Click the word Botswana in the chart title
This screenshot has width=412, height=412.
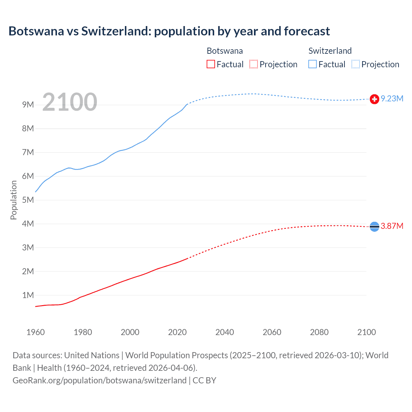pos(36,31)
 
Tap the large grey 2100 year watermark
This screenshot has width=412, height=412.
pos(70,102)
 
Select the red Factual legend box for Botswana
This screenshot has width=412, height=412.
pos(211,64)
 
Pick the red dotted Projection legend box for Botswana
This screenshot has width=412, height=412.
pos(254,64)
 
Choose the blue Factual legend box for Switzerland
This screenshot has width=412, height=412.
pos(313,64)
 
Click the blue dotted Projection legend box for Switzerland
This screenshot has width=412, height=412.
pos(356,64)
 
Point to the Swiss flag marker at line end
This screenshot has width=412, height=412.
pos(374,99)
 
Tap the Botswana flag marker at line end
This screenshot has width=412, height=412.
pos(374,227)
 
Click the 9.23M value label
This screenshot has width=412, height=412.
pos(392,99)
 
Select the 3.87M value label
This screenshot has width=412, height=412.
pos(392,226)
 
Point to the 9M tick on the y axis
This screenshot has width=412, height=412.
pos(28,105)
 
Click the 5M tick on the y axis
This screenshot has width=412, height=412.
pos(28,200)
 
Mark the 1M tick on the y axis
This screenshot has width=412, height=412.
pos(28,295)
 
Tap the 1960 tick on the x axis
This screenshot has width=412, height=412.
pos(35,332)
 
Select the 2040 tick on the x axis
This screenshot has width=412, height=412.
pos(225,332)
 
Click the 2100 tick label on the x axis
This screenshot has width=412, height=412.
pos(367,332)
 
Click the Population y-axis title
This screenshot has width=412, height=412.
pos(14,200)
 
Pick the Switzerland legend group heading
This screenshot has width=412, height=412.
pos(330,51)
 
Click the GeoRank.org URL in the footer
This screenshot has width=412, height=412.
pos(99,380)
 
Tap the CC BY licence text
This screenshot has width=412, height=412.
pos(204,380)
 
